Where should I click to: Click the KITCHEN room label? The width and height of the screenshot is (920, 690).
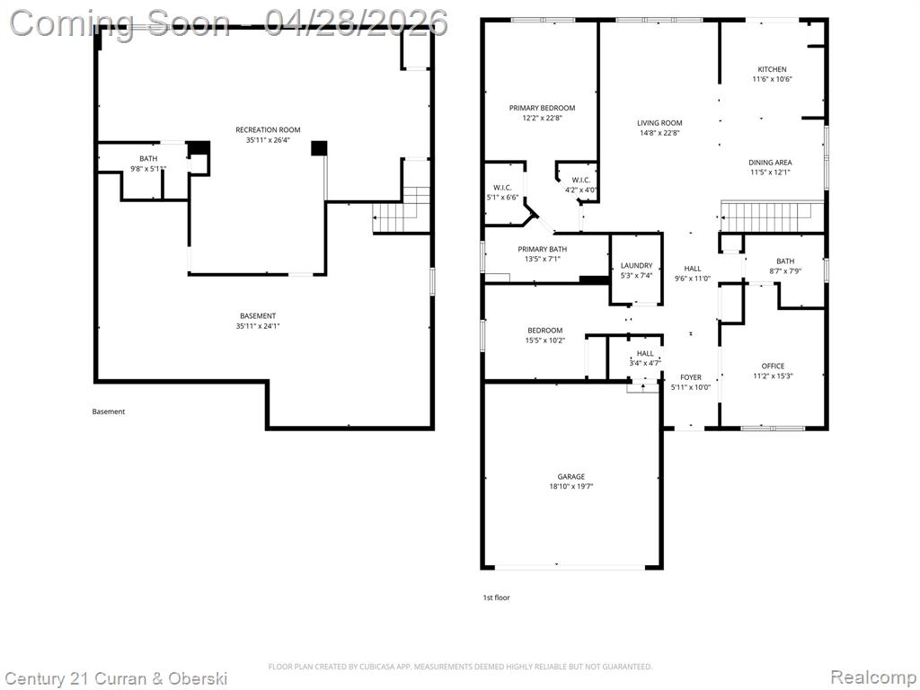coord(772,69)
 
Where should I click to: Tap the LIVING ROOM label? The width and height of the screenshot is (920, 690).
coord(659,123)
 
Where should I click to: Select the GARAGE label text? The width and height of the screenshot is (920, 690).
coord(571,477)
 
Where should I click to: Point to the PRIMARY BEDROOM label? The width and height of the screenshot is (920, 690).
coord(542,108)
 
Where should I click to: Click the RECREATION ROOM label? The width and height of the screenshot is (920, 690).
coord(268,129)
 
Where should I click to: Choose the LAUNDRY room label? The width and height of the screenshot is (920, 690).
coord(637,266)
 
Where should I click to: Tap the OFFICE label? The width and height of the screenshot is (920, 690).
coord(773,367)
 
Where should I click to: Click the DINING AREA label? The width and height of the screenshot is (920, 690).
coord(770,163)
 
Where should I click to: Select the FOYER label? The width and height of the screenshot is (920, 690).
coord(691,378)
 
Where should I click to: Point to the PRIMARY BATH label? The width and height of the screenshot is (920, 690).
coord(542,250)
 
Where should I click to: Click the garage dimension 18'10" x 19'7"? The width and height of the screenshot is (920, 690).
coord(571,486)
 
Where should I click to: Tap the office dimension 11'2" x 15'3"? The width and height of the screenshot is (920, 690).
coord(773,376)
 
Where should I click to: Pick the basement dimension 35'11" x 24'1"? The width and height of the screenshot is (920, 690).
coord(258,325)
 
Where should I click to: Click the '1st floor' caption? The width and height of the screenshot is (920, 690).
coord(496,597)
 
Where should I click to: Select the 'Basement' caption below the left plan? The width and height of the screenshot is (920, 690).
coord(109,411)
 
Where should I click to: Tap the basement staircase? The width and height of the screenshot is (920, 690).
coord(402,210)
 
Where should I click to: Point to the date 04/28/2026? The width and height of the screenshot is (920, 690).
coord(356,23)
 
